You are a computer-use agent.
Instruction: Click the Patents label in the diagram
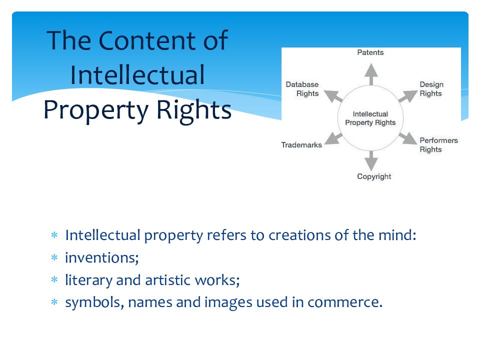coord(370,52)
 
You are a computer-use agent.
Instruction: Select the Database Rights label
coord(302,89)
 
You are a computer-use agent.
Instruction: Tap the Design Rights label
coord(431,89)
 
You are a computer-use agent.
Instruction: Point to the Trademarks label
coord(301,145)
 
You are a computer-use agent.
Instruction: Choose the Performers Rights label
coord(438,145)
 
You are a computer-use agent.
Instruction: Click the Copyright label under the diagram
coord(374,176)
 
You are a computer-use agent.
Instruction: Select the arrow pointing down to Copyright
coord(370,160)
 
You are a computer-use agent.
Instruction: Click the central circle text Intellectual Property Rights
coord(370,118)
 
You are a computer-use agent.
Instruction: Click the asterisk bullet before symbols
coord(55,303)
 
